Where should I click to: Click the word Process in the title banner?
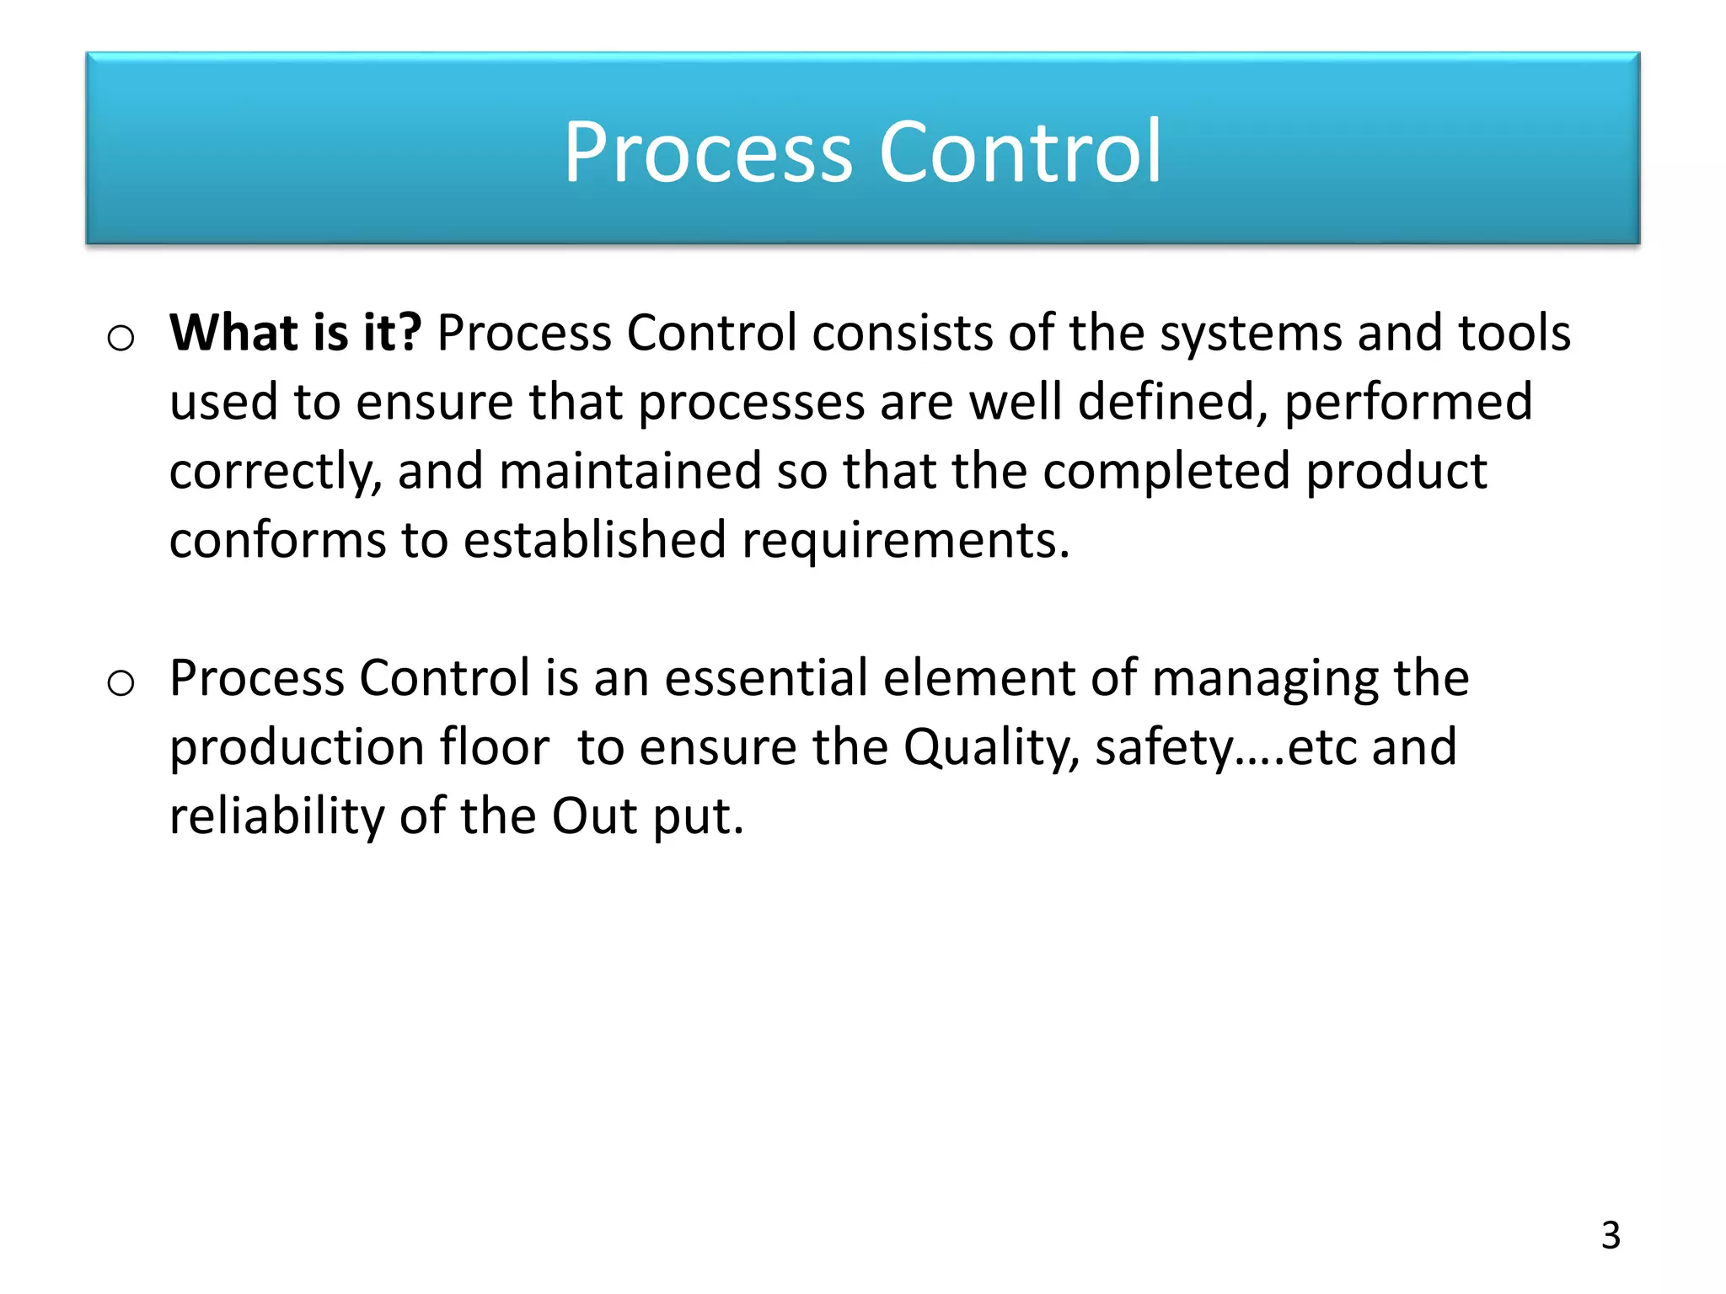(x=708, y=153)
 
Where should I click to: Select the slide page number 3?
(x=1611, y=1235)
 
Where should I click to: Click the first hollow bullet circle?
(x=121, y=339)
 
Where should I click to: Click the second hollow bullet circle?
(x=121, y=683)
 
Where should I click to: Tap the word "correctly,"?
(x=275, y=472)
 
